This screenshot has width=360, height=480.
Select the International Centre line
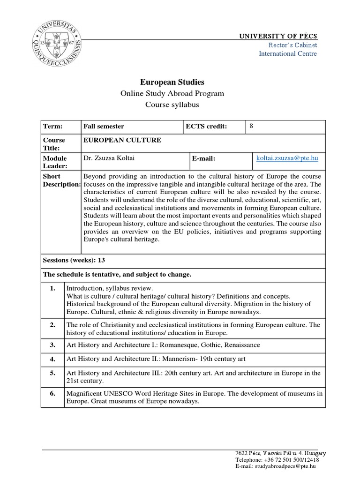click(x=288, y=53)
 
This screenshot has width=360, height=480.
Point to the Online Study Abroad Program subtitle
click(x=172, y=93)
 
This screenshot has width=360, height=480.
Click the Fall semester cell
click(x=104, y=127)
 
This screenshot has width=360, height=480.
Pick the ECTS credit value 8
click(x=251, y=126)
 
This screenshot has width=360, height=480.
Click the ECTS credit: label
click(x=207, y=127)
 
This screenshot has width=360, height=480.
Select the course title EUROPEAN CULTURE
click(x=122, y=140)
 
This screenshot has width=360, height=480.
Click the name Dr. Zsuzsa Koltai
click(x=109, y=158)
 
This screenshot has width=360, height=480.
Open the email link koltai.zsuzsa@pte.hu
click(x=287, y=158)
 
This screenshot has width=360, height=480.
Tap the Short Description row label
click(x=61, y=180)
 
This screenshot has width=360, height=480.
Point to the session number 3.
click(x=52, y=345)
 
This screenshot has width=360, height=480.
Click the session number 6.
click(x=52, y=393)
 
